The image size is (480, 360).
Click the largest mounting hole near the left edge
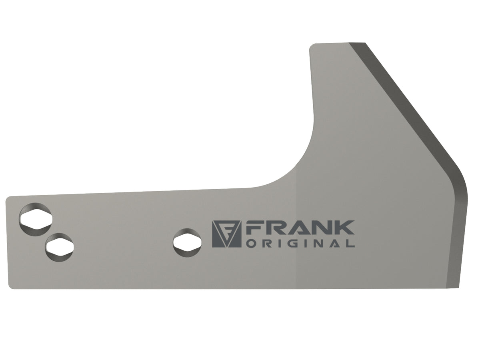(x=36, y=219)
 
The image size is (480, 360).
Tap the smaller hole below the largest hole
(x=59, y=247)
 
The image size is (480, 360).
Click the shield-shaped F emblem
(x=226, y=234)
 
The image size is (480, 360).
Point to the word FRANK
(x=300, y=228)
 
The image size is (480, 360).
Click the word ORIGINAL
(x=300, y=243)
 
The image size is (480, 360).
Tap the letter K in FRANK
(x=344, y=228)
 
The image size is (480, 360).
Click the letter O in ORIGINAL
(x=251, y=243)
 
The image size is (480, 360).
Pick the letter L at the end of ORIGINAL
(x=350, y=243)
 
